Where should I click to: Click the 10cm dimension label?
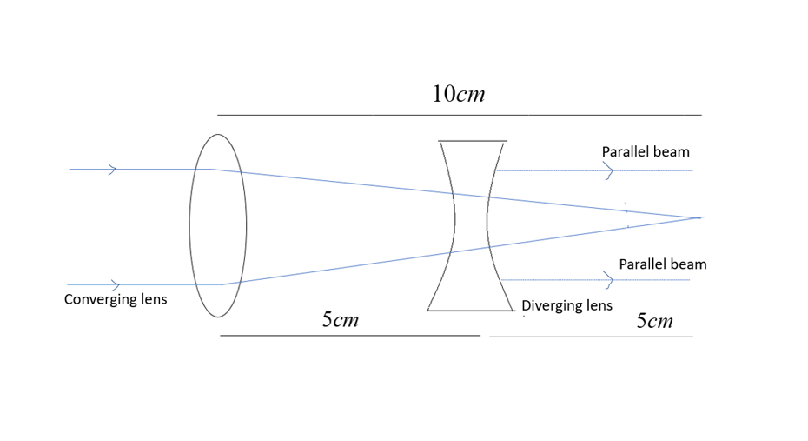tap(458, 94)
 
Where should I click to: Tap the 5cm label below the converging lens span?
tap(340, 320)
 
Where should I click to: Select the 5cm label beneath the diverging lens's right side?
tap(654, 321)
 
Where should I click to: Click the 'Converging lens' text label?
tap(116, 300)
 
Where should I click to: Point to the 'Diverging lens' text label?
tap(566, 305)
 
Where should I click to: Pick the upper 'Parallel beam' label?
tap(646, 152)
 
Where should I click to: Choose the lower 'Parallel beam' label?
tap(662, 264)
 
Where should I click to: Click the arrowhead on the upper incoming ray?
tap(111, 170)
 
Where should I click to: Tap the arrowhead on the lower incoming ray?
tap(115, 285)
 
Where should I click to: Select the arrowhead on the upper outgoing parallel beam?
tap(609, 171)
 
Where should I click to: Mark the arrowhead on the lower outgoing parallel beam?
tap(609, 280)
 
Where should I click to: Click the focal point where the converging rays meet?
tap(700, 217)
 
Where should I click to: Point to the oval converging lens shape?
tap(218, 225)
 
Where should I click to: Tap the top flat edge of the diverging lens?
tap(473, 140)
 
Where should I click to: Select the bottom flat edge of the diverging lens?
tap(470, 310)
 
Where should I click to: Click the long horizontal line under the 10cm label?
tap(459, 115)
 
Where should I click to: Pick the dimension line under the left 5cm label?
tap(349, 335)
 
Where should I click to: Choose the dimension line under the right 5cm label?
tap(591, 336)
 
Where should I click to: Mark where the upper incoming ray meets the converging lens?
tap(213, 170)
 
